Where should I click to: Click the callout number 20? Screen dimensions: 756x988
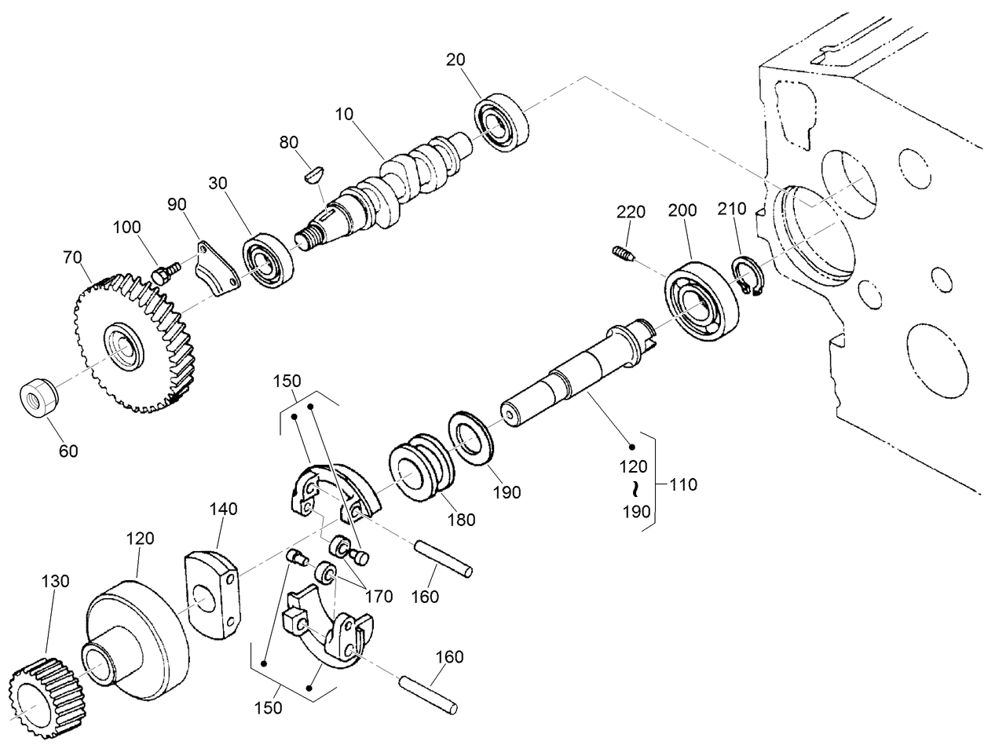coord(456,60)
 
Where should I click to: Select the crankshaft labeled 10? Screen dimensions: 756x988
coord(393,184)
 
